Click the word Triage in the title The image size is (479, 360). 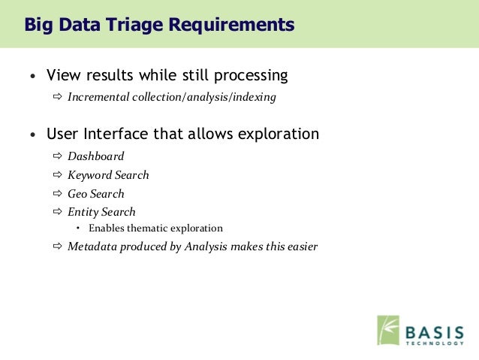134,25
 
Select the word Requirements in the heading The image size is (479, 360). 231,25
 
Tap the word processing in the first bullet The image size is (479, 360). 251,76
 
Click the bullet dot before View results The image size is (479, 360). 33,76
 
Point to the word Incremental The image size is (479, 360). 98,97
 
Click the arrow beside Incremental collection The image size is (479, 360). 57,97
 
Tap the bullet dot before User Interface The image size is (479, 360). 33,135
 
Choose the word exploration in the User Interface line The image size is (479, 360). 279,135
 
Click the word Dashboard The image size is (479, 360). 96,156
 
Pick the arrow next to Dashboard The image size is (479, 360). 57,156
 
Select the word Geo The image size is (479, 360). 77,194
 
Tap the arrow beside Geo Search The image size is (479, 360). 57,193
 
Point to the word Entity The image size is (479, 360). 83,212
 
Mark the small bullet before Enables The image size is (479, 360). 78,228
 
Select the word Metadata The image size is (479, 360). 92,247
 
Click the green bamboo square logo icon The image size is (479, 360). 388,331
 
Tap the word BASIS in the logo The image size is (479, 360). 435,332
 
